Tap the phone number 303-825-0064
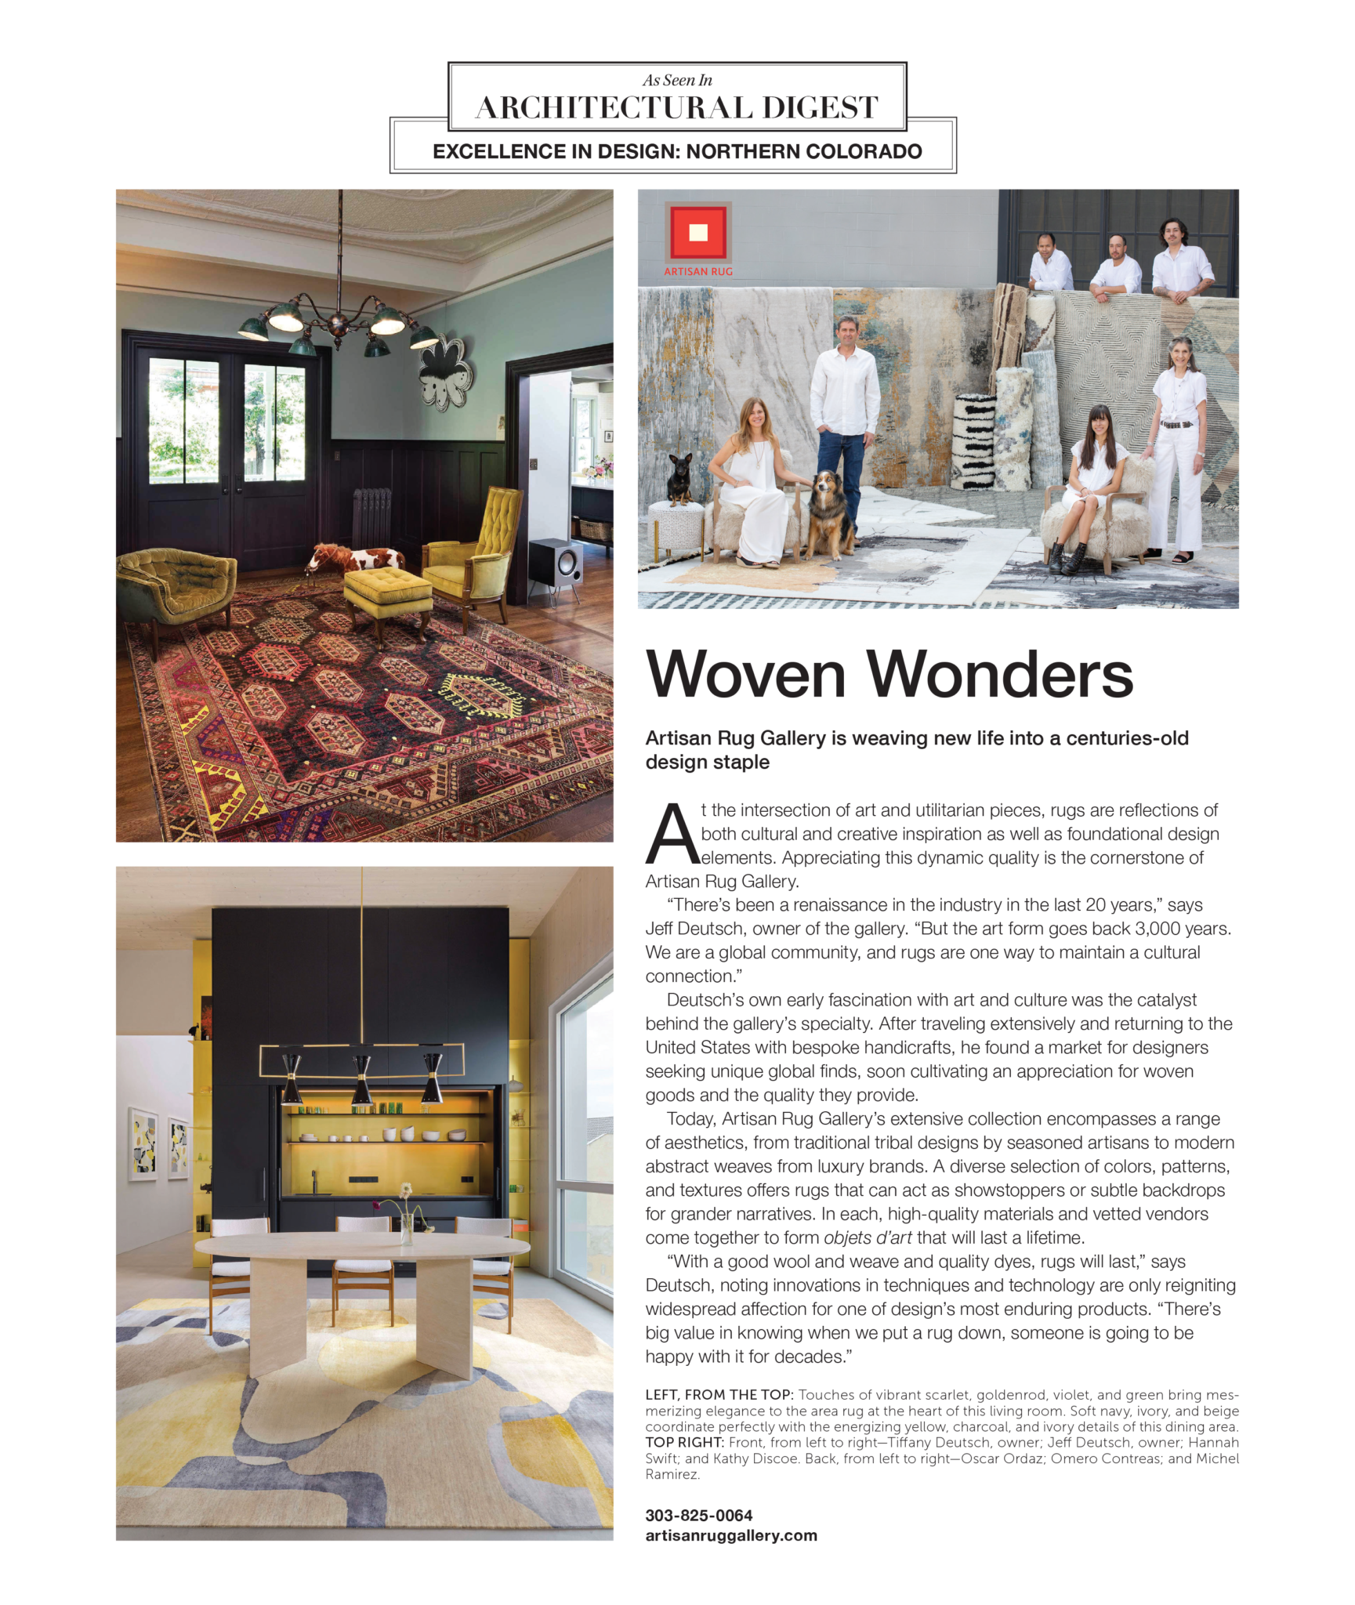698,1515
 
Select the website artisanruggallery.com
730,1535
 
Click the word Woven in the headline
745,674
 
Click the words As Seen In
677,80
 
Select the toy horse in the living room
355,559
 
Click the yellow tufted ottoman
387,596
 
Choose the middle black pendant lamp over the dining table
361,1077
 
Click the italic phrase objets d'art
867,1237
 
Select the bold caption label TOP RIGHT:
683,1442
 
